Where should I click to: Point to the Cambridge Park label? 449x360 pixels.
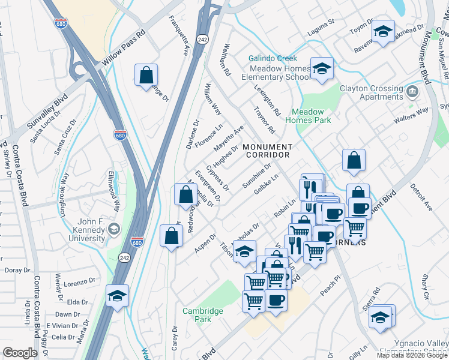(x=203, y=315)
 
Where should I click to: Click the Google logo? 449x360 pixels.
(x=20, y=352)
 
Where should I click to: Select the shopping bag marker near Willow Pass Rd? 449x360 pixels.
(x=146, y=76)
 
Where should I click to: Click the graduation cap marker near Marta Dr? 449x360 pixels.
(x=117, y=295)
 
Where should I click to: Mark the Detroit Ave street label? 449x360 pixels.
(x=421, y=198)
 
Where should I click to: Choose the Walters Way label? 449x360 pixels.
(x=411, y=110)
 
